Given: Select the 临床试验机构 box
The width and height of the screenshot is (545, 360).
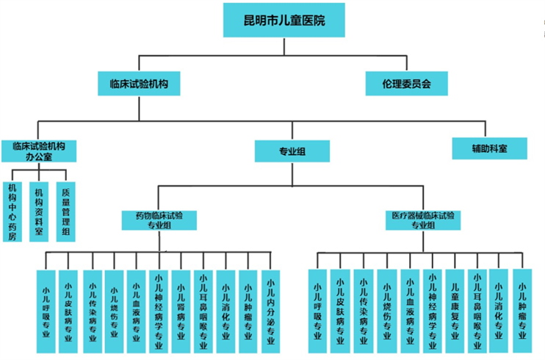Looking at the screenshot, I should [139, 83].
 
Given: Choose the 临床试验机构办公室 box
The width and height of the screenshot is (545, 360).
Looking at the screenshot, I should [39, 151].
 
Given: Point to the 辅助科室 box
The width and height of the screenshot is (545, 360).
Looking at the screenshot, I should [489, 148].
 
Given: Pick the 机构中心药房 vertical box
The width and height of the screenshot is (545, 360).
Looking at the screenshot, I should [12, 211].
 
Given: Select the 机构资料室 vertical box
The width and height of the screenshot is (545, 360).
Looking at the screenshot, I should [39, 211].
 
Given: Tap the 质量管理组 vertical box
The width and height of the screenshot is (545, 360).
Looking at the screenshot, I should [65, 211].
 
